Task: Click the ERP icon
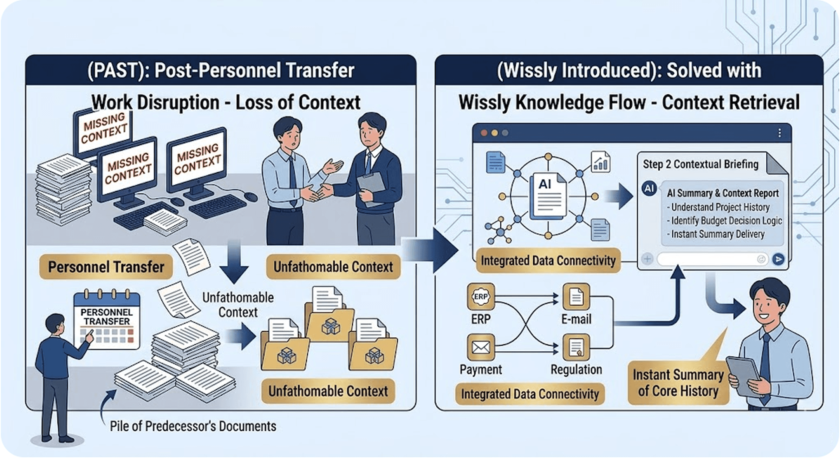(x=481, y=296)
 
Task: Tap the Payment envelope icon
(x=481, y=347)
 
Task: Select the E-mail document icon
(x=576, y=296)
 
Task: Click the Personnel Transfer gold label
(x=106, y=267)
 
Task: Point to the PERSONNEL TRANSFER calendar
(x=107, y=320)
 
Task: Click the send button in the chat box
(x=778, y=259)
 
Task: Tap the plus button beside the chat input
(x=647, y=259)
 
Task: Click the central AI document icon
(x=548, y=196)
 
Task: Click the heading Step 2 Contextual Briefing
(x=700, y=164)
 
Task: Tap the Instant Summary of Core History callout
(x=678, y=383)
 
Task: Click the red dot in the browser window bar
(x=484, y=133)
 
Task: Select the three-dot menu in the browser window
(x=779, y=133)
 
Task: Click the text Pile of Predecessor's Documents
(x=193, y=426)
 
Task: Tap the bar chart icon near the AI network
(x=600, y=162)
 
